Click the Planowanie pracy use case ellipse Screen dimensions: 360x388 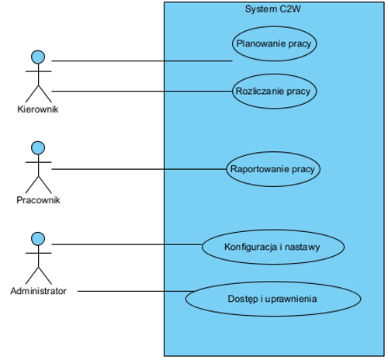pyautogui.click(x=274, y=43)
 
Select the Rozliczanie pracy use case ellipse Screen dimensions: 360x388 pyautogui.click(x=274, y=91)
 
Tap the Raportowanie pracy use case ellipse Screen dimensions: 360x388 pyautogui.click(x=272, y=168)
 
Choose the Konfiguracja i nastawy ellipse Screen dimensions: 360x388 pyautogui.click(x=272, y=247)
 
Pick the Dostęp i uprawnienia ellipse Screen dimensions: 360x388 pyautogui.click(x=272, y=298)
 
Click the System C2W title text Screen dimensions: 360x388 pyautogui.click(x=273, y=9)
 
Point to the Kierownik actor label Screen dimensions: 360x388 pyautogui.click(x=38, y=109)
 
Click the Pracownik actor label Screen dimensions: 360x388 pyautogui.click(x=38, y=200)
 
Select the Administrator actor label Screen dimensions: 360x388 pyautogui.click(x=38, y=292)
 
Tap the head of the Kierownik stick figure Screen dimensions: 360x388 pyautogui.click(x=37, y=57)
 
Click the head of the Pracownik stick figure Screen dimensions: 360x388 pyautogui.click(x=37, y=147)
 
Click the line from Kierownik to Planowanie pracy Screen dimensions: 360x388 pyautogui.click(x=140, y=61)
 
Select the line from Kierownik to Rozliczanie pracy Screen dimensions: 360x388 pyautogui.click(x=140, y=91)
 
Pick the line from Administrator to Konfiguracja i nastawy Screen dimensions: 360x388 pyautogui.click(x=124, y=245)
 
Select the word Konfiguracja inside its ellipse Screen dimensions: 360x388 pyautogui.click(x=249, y=247)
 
